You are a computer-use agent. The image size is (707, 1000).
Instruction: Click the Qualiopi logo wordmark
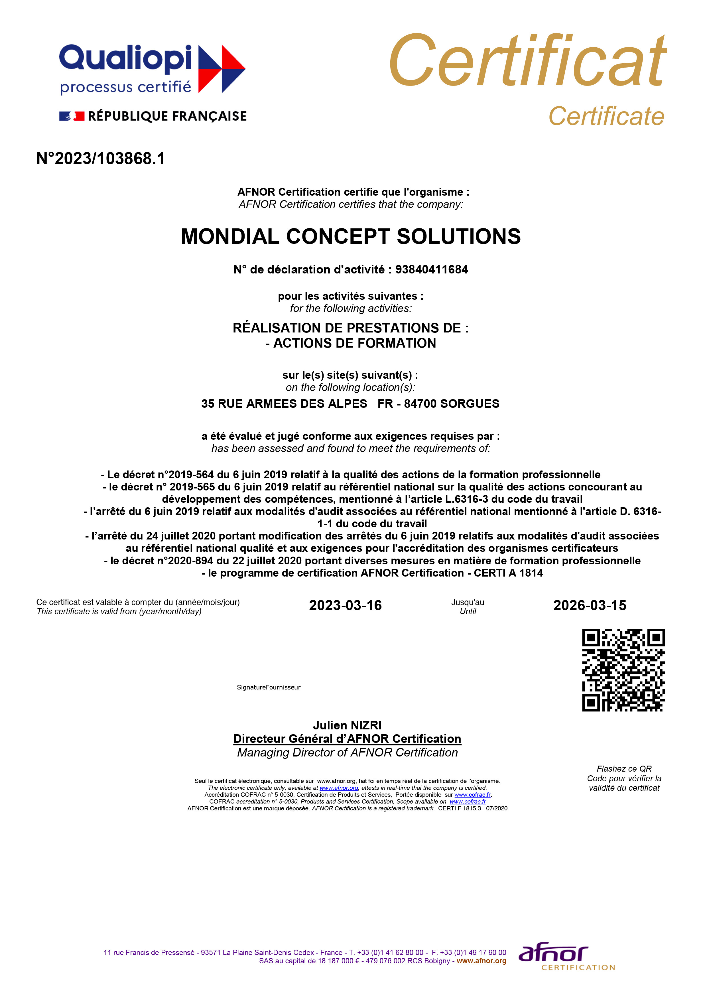click(x=125, y=58)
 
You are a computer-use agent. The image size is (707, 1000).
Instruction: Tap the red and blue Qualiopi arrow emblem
click(x=222, y=69)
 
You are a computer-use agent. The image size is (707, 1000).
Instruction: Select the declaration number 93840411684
click(x=431, y=269)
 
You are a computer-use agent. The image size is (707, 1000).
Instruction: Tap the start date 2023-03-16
click(x=345, y=605)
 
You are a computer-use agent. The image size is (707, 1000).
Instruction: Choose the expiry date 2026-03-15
click(x=590, y=605)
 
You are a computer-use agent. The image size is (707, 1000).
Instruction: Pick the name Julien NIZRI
click(x=347, y=725)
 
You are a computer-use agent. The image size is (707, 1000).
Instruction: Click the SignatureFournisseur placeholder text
click(x=269, y=687)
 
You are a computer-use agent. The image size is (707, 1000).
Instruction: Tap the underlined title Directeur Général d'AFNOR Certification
click(x=347, y=739)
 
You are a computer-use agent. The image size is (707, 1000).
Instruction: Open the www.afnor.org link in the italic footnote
click(x=339, y=788)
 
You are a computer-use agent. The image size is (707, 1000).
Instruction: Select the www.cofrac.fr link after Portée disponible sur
click(x=472, y=794)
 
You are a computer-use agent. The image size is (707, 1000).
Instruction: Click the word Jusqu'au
click(x=468, y=602)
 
